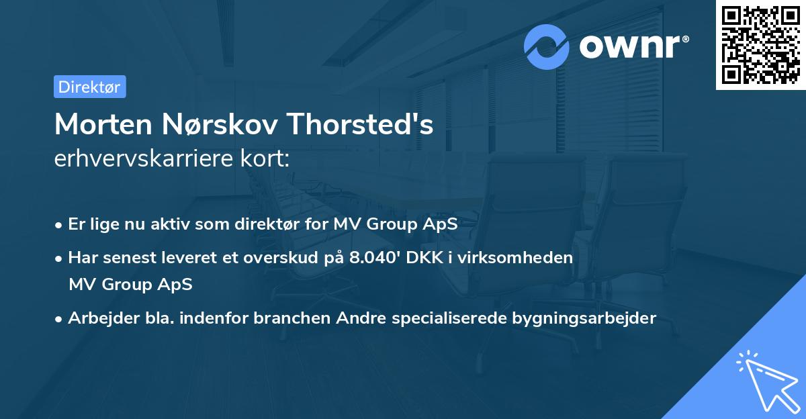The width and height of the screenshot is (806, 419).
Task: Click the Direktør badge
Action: coord(89,87)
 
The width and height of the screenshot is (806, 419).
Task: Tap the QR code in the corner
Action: coord(761,45)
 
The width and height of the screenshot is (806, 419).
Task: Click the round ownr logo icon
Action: coord(547,47)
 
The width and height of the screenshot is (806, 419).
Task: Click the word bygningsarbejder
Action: coord(590,318)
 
